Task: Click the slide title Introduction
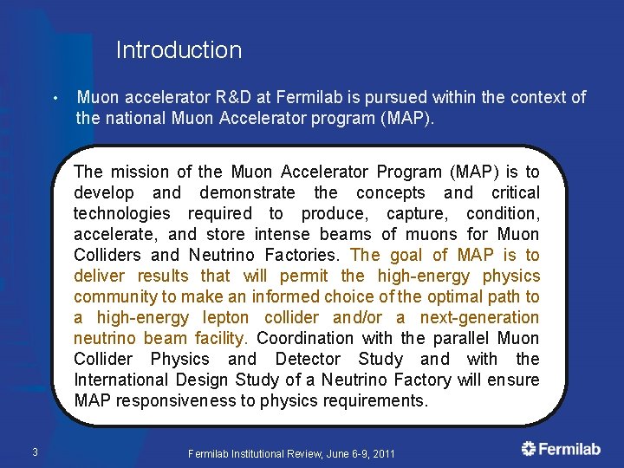(179, 50)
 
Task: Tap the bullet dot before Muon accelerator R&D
(55, 97)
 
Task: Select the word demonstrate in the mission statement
(247, 192)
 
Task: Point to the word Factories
(304, 255)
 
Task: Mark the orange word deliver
(100, 276)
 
